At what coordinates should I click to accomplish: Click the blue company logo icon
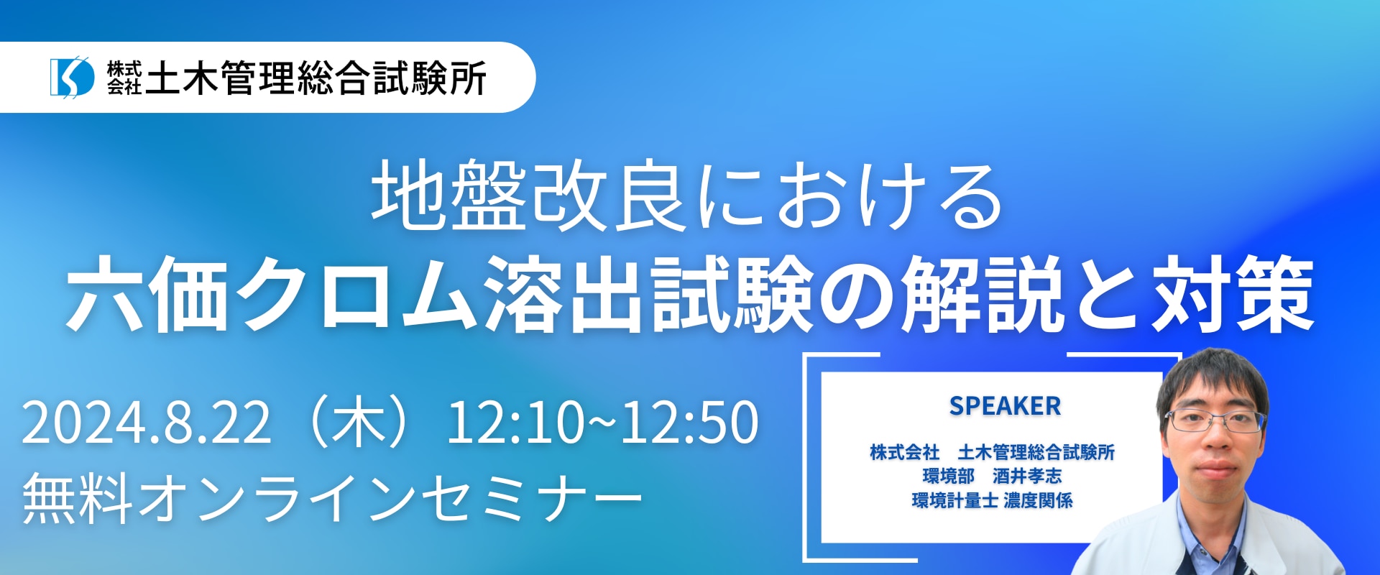(72, 77)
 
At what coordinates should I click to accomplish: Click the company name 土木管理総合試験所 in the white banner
(316, 78)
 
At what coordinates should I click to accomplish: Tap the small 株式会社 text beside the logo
(124, 78)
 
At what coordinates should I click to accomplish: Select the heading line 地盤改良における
(686, 195)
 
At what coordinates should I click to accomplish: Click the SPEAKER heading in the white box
(1005, 406)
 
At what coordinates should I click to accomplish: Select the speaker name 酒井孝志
(1027, 476)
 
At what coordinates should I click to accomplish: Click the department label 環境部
(948, 476)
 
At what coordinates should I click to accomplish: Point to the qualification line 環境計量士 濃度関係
(992, 500)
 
